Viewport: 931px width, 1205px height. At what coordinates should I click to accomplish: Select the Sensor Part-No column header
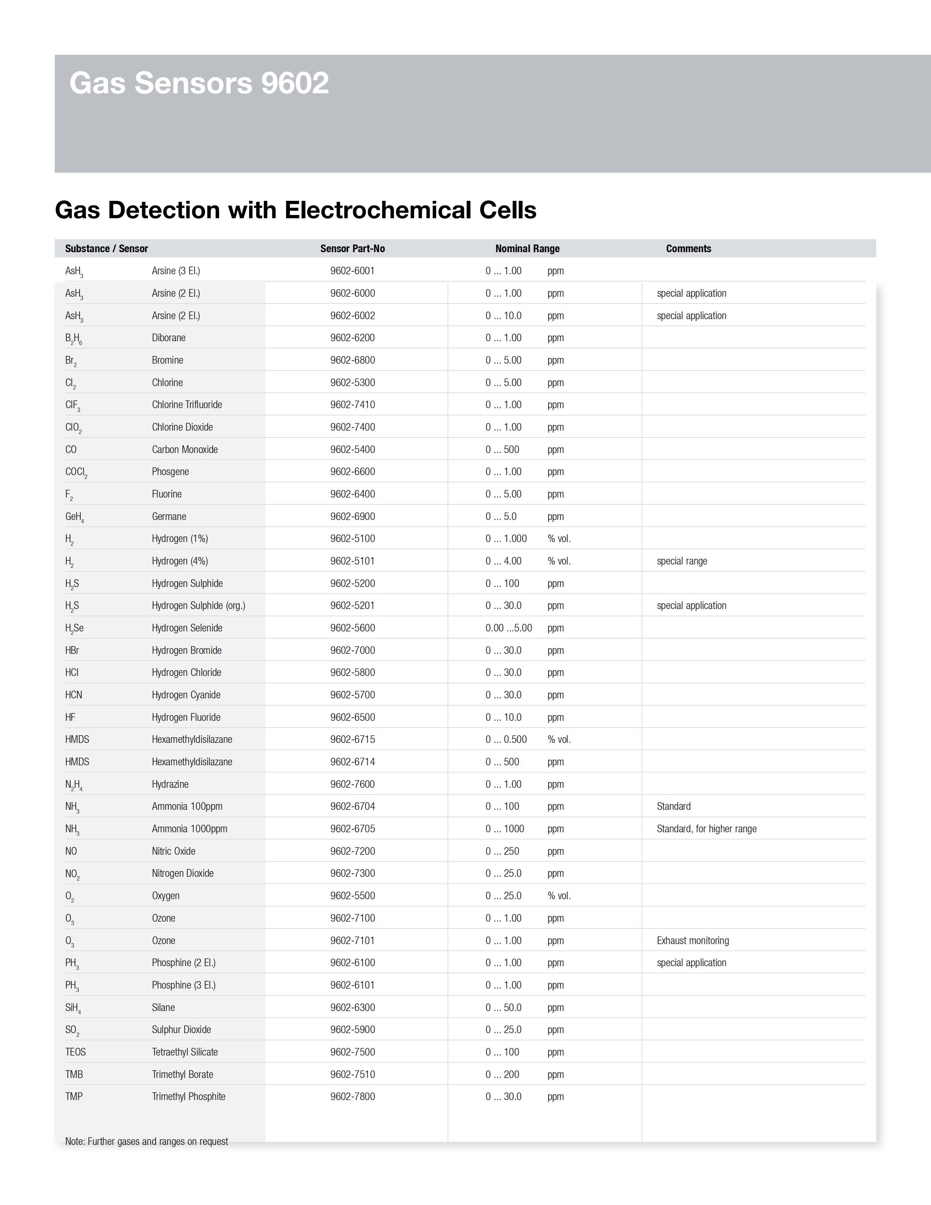click(x=353, y=249)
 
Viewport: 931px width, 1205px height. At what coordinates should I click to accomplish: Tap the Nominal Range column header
click(x=527, y=249)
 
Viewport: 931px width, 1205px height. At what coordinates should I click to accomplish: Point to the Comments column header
click(x=688, y=249)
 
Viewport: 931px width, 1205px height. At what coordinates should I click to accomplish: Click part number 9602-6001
click(x=353, y=271)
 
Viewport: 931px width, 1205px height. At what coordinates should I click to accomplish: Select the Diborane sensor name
click(x=169, y=338)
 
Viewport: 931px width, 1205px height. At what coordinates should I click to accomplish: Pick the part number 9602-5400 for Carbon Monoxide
click(x=353, y=450)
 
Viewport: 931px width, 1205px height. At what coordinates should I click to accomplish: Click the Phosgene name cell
click(x=170, y=472)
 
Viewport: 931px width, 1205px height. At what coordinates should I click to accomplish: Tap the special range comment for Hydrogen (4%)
click(x=682, y=561)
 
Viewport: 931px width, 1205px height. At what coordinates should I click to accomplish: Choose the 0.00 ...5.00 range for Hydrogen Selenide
click(x=508, y=628)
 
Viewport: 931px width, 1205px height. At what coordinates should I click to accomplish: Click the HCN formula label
click(x=73, y=695)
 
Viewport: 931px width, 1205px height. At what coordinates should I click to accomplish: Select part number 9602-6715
click(x=353, y=739)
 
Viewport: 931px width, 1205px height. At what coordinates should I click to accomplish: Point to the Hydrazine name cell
click(x=170, y=784)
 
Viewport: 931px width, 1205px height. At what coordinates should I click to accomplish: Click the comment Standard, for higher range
click(x=707, y=829)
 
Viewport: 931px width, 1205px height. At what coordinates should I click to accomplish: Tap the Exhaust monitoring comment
click(x=693, y=941)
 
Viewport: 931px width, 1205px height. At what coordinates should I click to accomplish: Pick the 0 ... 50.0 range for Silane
click(x=503, y=1008)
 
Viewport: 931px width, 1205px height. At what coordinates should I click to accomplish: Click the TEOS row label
click(x=76, y=1052)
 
